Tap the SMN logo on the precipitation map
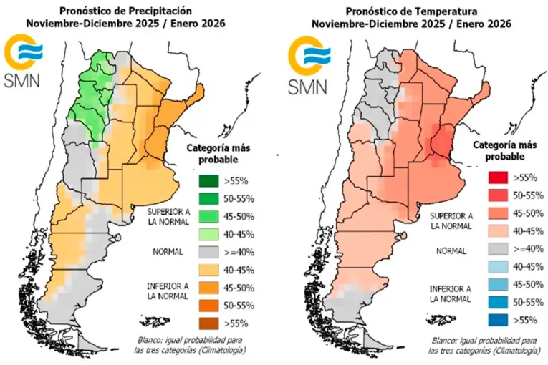[x=24, y=64]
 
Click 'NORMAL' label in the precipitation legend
[x=169, y=252]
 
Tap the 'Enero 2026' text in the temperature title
[x=471, y=24]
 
